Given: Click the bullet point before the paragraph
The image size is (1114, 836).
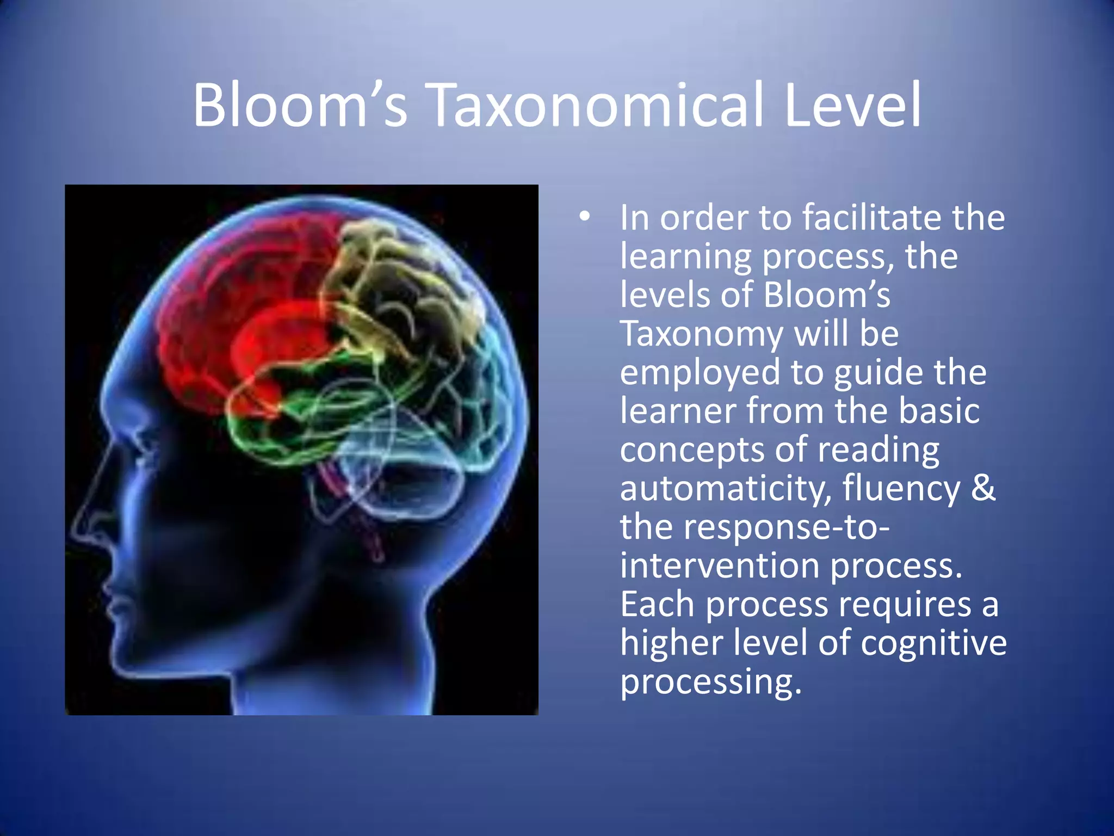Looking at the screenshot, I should point(584,217).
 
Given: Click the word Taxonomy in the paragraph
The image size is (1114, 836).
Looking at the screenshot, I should point(701,334).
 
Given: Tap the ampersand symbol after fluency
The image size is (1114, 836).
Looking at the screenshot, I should point(983,488).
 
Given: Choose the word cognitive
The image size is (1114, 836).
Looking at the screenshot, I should point(933,643).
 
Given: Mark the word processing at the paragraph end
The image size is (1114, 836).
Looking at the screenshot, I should point(710,682).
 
